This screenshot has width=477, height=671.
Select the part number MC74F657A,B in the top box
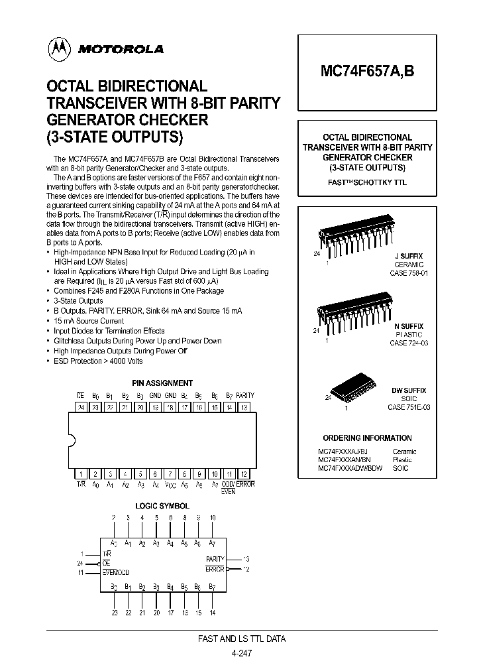point(369,72)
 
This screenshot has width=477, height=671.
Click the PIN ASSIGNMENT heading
point(162,383)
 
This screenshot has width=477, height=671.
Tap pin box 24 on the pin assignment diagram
point(81,407)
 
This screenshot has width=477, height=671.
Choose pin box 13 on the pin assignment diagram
point(244,407)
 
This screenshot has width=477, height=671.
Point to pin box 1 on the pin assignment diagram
point(81,474)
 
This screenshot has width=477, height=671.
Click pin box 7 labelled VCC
point(170,474)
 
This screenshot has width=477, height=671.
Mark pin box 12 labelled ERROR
point(244,474)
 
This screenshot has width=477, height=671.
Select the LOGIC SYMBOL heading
point(162,506)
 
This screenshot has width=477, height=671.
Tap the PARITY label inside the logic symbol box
point(215,559)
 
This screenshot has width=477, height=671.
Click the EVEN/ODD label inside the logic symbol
point(117,571)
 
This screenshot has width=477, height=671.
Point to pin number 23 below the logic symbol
point(114,613)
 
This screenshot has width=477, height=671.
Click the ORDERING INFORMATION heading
point(367,438)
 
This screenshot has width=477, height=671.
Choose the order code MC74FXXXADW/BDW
point(350,468)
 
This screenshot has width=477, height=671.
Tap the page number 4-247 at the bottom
point(242,653)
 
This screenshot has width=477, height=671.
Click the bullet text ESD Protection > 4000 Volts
point(98,361)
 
